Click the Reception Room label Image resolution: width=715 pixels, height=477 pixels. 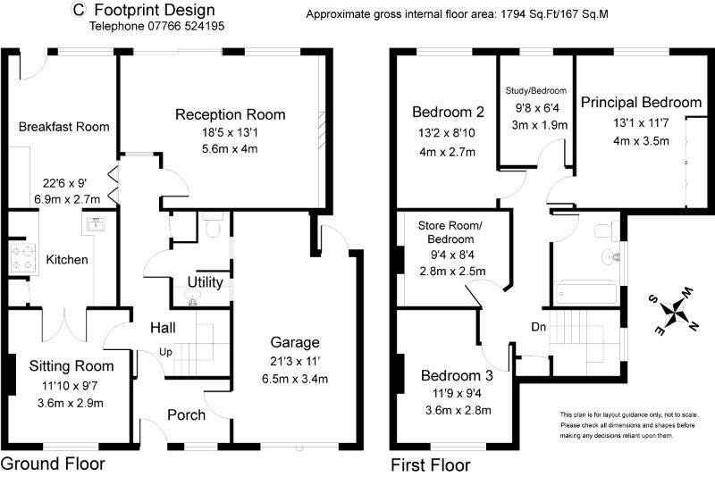pos(230,114)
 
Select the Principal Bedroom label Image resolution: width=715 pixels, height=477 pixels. pos(641,103)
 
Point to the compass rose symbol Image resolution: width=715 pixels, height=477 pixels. pos(677,312)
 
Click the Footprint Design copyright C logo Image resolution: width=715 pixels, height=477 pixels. pos(79,11)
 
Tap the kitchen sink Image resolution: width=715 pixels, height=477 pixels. pos(95,224)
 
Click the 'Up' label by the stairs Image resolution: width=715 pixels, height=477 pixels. pos(167,351)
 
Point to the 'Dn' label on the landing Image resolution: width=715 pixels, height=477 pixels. pos(539,327)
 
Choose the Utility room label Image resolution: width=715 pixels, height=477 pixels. pos(205,283)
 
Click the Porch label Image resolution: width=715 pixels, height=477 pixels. pos(186,414)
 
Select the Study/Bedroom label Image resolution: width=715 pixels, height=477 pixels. pos(536,90)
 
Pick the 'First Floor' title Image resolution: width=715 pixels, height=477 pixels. pos(430,464)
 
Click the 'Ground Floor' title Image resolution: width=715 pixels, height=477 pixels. pos(53,464)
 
